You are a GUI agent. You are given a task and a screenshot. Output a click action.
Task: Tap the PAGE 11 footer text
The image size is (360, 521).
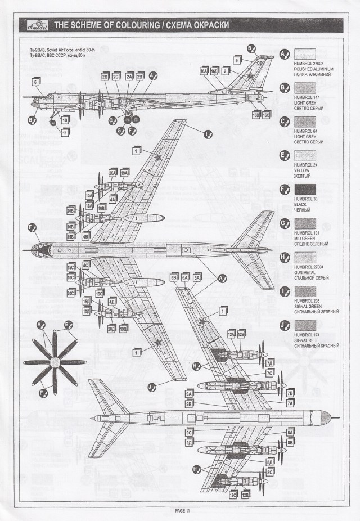[x=183, y=511]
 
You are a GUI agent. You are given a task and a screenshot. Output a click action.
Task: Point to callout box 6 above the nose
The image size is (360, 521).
[x=36, y=82]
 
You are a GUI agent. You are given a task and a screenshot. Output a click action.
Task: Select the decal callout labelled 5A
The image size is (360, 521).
[x=197, y=277]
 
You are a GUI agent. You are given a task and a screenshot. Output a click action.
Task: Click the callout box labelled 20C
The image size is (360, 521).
[x=71, y=293]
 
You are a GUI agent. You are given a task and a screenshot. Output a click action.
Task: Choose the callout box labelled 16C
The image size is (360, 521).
[x=267, y=114]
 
